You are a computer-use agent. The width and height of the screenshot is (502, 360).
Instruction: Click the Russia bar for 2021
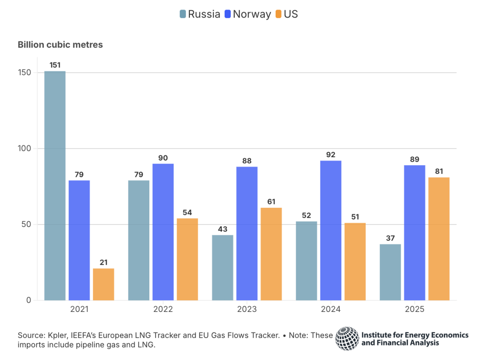coord(55,186)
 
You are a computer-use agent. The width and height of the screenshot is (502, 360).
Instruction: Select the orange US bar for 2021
coord(103,284)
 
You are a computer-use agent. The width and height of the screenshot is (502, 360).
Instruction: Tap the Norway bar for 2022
coord(163,232)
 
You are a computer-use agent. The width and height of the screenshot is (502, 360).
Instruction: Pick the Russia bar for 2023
coord(223,268)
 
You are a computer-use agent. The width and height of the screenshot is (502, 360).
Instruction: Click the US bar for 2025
coord(439,239)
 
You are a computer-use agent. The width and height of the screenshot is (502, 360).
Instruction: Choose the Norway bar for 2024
coord(330,230)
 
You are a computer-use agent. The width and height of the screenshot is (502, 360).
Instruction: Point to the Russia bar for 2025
coord(390,272)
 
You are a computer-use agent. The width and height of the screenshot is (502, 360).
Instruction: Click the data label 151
coord(55,65)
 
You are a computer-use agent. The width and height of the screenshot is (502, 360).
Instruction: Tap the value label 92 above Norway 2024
coord(330,155)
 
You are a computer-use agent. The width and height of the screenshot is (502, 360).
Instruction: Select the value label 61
coord(271,202)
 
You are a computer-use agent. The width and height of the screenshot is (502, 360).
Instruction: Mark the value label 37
coord(390,238)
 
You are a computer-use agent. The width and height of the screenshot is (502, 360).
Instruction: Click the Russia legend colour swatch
coord(183,14)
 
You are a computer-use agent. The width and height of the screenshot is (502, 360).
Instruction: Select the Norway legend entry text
coord(252,14)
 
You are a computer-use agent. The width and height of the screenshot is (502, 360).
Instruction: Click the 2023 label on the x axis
coord(247,310)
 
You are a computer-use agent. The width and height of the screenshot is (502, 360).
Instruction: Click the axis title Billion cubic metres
coord(60,44)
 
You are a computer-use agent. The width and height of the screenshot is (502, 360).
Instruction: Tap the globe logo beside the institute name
coord(347,339)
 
